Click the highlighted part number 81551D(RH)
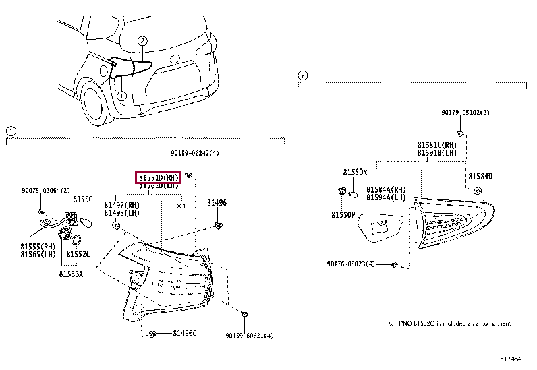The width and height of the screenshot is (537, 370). [159, 177]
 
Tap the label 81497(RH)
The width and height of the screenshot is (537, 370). [121, 205]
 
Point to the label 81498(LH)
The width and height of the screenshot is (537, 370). [121, 213]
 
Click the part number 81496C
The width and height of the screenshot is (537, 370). [183, 334]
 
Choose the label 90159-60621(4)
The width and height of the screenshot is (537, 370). [249, 335]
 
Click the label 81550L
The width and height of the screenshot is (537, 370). [85, 200]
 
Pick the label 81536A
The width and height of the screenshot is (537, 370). [71, 273]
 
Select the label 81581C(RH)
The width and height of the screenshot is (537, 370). [436, 144]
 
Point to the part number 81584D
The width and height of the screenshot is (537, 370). [480, 176]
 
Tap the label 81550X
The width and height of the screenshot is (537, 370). [354, 173]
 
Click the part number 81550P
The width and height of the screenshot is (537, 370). [343, 214]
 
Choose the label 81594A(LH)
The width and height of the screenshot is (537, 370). [386, 197]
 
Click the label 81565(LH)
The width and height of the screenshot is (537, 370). [38, 254]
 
